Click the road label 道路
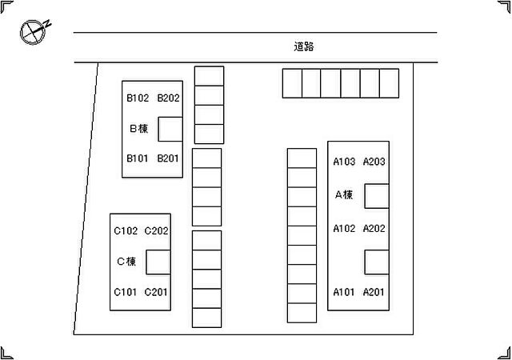(x=304, y=46)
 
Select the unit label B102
(x=138, y=98)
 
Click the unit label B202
(x=168, y=98)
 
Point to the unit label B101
(x=137, y=158)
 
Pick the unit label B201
(x=168, y=158)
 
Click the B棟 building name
(x=138, y=128)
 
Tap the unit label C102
(x=126, y=231)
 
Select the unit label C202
(x=156, y=231)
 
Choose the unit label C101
(x=125, y=292)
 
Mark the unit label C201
(x=156, y=292)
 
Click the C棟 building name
(x=126, y=262)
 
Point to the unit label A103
(x=344, y=162)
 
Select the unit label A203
(x=374, y=162)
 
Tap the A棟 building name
(x=344, y=194)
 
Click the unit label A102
(x=344, y=228)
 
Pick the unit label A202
(x=374, y=228)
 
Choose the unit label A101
(x=343, y=292)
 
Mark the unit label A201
(x=374, y=292)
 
